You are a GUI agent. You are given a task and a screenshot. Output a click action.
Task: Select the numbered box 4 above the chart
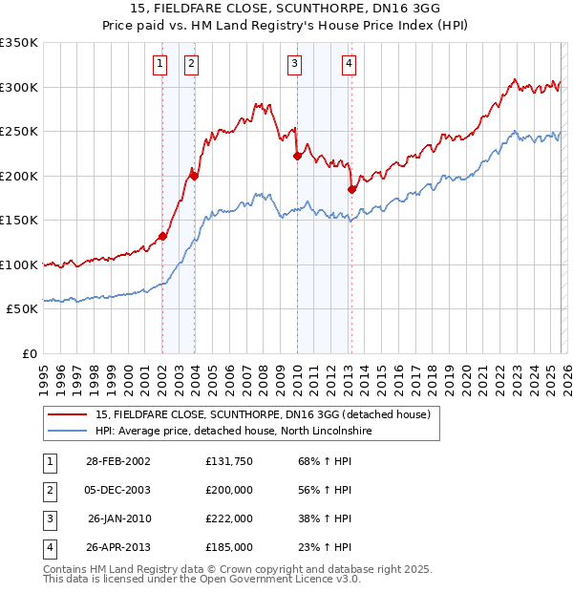point(350,64)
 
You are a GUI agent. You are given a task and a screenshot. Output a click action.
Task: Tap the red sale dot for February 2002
point(162,237)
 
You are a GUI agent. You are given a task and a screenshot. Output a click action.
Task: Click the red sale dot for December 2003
point(194,176)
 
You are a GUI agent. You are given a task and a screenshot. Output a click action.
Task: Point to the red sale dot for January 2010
point(297,157)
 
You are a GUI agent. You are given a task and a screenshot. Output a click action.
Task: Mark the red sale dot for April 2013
point(351,189)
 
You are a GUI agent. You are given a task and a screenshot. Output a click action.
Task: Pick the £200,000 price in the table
point(229,490)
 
